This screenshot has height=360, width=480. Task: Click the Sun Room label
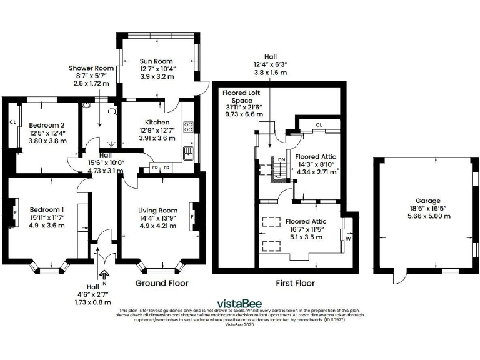[156, 61]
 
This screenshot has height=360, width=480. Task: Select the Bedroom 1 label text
[47, 209]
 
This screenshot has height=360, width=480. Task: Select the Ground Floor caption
[162, 283]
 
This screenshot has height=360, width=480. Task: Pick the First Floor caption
[296, 283]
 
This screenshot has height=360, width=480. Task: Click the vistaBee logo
[239, 303]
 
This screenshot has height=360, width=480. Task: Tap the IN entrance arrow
[104, 273]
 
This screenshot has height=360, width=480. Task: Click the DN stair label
[281, 159]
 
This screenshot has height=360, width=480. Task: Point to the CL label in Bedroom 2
[12, 122]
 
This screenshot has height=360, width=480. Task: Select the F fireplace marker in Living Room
[192, 217]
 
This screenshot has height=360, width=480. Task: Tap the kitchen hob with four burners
[187, 127]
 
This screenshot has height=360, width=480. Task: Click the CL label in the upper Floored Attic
[319, 125]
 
